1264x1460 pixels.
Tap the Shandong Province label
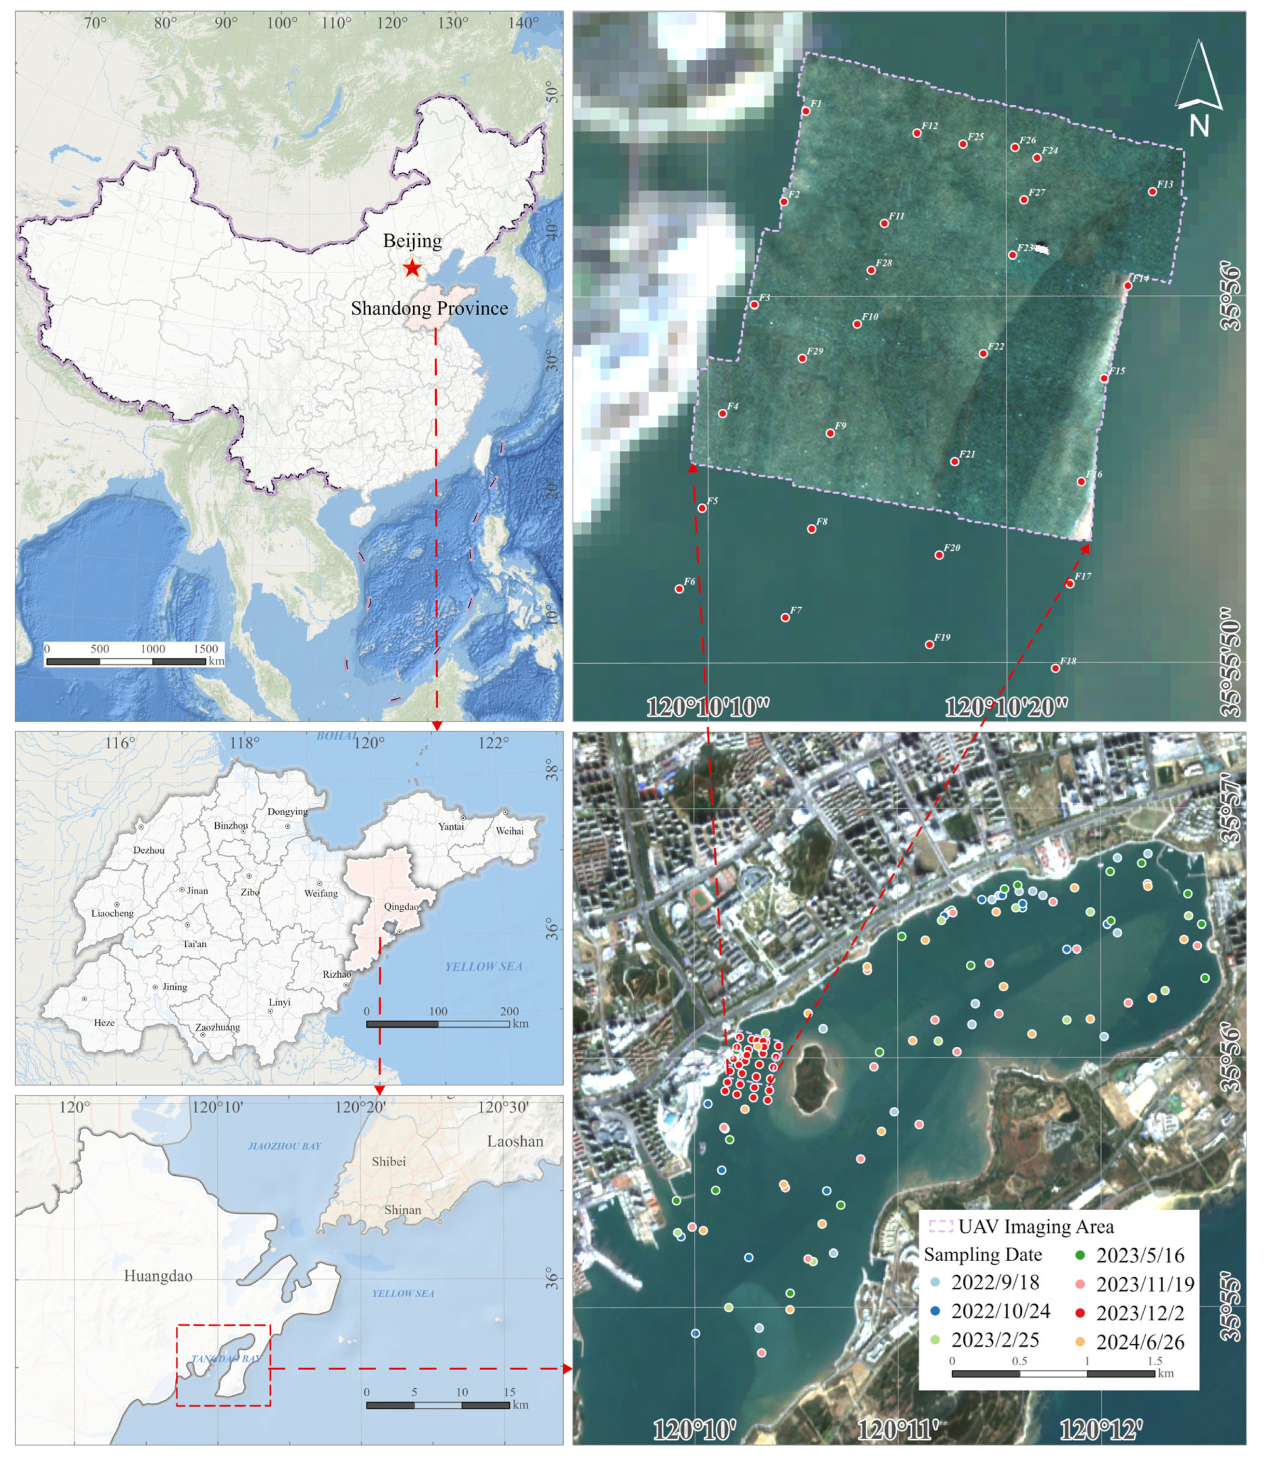coord(429,308)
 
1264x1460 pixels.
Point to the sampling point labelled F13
coord(1152,192)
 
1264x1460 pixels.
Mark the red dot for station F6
coord(679,589)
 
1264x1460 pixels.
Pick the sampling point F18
coord(1055,668)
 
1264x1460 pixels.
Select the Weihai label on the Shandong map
coord(509,831)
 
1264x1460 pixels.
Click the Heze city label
coord(104,1023)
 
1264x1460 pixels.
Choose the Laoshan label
coord(515,1141)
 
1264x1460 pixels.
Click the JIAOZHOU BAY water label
coord(284,1146)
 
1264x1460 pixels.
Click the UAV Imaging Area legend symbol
coord(940,1226)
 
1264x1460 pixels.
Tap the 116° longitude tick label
coord(119,743)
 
